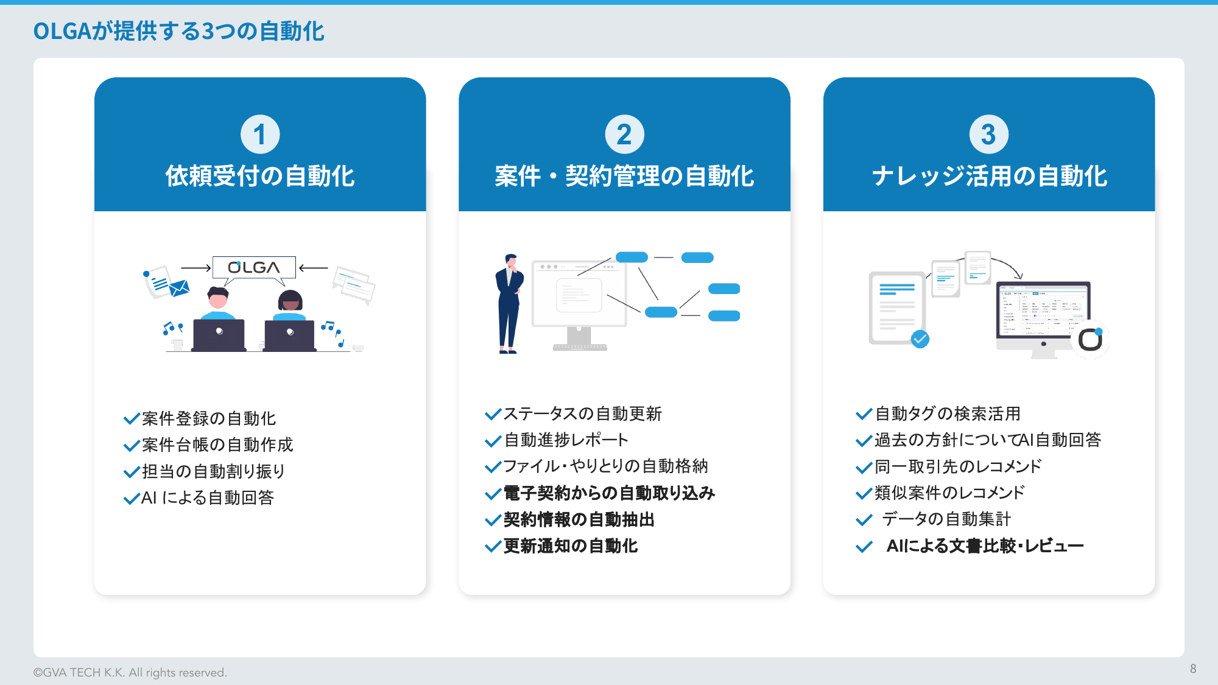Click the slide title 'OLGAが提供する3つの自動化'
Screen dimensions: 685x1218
coord(178,31)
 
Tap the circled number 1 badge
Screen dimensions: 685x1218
coord(260,135)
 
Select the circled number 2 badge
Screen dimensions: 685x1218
coord(624,135)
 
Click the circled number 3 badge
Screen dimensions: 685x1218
coord(988,135)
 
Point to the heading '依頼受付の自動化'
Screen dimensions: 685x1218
coord(260,176)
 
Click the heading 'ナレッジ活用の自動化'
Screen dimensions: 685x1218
coord(989,176)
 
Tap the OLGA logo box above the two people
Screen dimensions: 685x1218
coord(254,267)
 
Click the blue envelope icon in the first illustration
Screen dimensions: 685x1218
coord(179,288)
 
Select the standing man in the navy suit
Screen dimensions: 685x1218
coord(509,304)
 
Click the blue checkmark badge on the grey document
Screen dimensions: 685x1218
coord(920,339)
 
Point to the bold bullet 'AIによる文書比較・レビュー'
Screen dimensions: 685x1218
coord(985,546)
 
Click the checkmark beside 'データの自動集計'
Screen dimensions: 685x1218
coord(864,520)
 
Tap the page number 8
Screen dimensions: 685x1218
coord(1193,669)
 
